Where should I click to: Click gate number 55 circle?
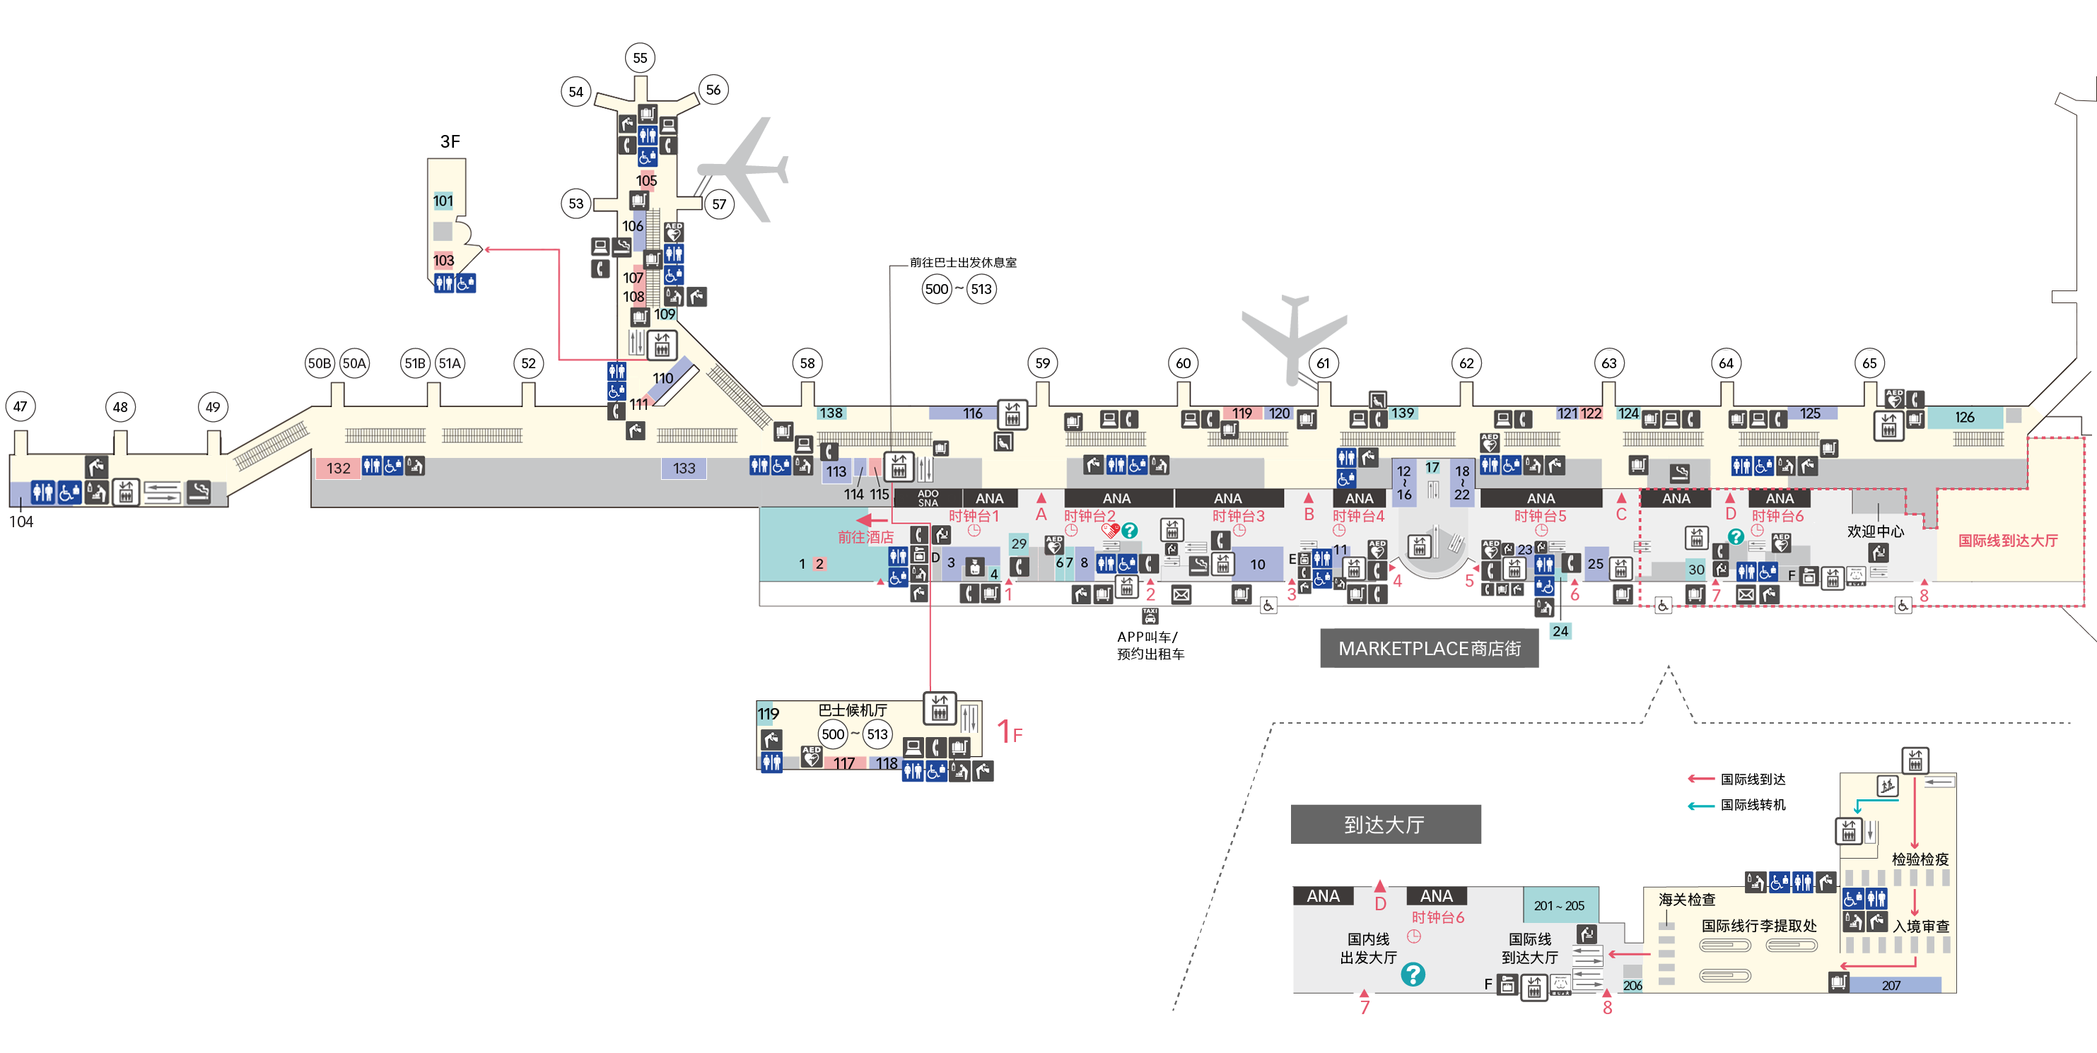640,58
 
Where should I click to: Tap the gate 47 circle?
21,406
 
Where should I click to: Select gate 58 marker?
807,363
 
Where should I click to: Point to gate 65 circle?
1869,363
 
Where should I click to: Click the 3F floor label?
450,141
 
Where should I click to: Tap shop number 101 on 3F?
443,201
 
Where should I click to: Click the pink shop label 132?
338,468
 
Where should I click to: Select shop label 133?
684,468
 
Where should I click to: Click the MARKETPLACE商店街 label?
1430,649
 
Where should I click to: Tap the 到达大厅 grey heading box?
1385,824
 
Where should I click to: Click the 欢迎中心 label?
1875,531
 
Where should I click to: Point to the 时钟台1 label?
973,516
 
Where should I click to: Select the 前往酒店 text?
865,537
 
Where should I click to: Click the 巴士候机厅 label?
853,710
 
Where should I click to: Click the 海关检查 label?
1687,899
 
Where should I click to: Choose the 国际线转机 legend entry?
1753,805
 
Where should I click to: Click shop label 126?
1964,417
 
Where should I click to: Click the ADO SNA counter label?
928,498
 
